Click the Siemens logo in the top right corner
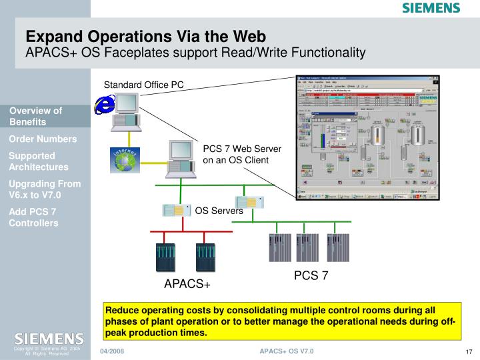431,8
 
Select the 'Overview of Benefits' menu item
36,116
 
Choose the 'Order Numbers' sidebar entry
43,139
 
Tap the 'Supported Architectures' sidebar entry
39,161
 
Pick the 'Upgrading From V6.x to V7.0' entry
45,189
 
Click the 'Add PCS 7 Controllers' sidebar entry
33,217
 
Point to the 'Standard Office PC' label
143,85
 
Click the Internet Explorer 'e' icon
105,105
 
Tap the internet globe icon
125,159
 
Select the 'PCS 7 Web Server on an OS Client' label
242,154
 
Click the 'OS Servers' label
219,211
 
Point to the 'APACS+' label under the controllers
187,285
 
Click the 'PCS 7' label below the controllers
311,275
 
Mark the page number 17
469,352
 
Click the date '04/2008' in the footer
112,351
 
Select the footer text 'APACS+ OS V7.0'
287,351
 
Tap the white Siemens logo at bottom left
45,339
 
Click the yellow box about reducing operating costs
281,322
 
